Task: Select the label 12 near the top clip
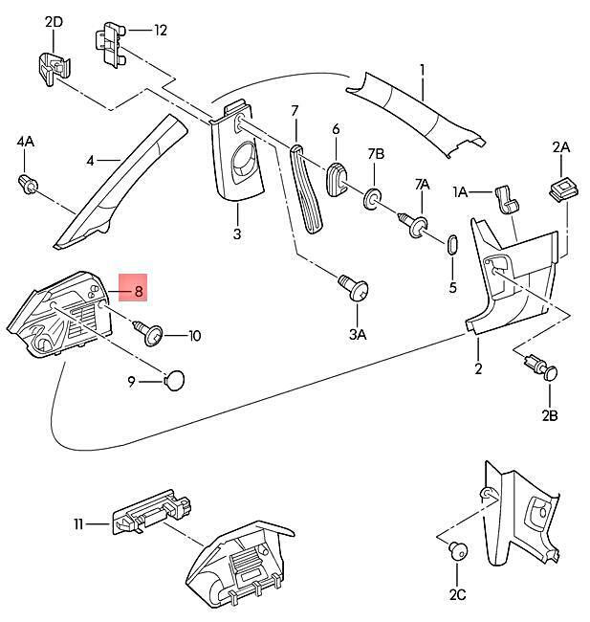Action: [160, 31]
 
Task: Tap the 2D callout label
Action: [54, 21]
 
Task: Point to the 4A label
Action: [25, 142]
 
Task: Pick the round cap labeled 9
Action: [173, 380]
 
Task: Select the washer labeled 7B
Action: [371, 200]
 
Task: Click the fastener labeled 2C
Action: [457, 550]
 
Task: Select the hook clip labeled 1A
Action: [505, 199]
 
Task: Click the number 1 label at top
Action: [421, 70]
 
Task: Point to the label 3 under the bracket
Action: [236, 233]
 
